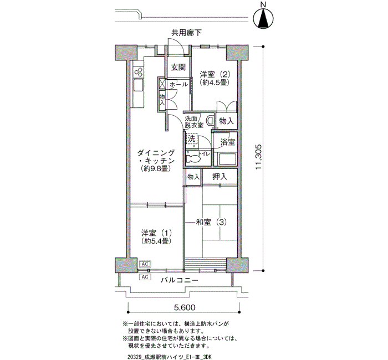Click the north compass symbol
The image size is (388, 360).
pos(263,18)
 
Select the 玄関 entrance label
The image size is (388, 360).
pos(178,67)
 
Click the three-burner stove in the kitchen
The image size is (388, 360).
pos(138,72)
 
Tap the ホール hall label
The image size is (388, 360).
pos(178,84)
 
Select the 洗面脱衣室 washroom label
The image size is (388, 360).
pos(194,122)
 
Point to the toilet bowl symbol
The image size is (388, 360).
pos(193,158)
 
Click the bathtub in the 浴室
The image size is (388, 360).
pos(225,160)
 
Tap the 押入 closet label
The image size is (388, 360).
pos(219,177)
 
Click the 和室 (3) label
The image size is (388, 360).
pos(211,222)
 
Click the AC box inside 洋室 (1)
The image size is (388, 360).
pos(145,264)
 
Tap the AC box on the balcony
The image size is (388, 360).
pos(145,277)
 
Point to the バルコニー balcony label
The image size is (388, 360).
pos(180,280)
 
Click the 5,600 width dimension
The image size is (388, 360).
pos(185,307)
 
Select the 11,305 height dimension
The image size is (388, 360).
pos(259,157)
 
